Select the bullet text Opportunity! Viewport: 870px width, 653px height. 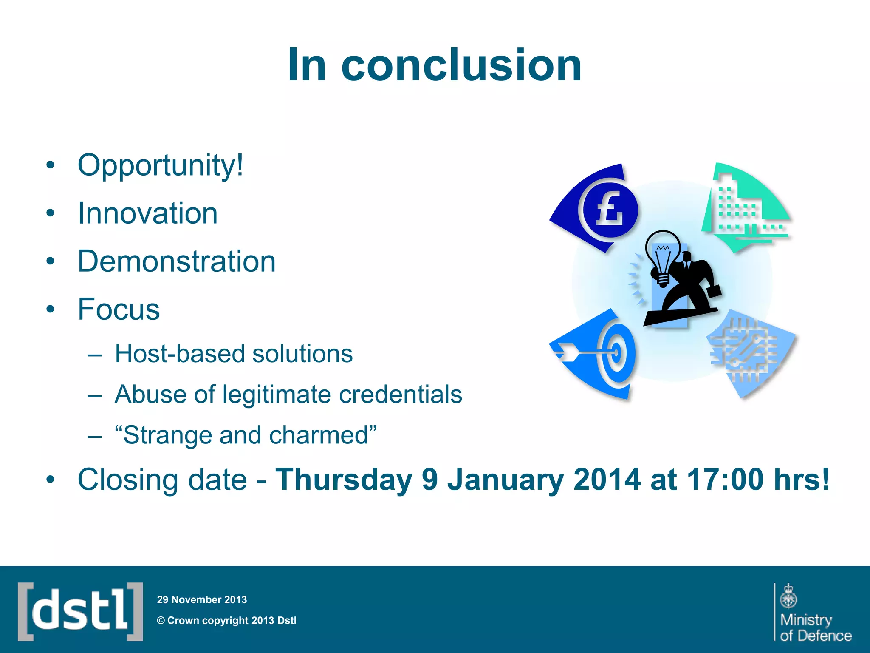pyautogui.click(x=161, y=165)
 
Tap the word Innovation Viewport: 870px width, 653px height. pyautogui.click(x=147, y=213)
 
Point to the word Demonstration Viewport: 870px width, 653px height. pyautogui.click(x=176, y=261)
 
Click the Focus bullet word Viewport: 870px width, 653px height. pyautogui.click(x=119, y=309)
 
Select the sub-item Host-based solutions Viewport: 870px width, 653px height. pyautogui.click(x=233, y=354)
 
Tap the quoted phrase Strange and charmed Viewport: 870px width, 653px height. pyautogui.click(x=246, y=435)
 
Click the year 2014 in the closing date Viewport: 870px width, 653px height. pyautogui.click(x=606, y=480)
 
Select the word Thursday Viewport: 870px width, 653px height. pyautogui.click(x=344, y=480)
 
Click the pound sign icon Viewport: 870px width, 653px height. pyautogui.click(x=610, y=209)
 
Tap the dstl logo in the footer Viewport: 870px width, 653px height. pyautogui.click(x=80, y=611)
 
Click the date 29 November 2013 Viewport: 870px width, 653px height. pyautogui.click(x=202, y=600)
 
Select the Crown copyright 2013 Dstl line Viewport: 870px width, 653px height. pyautogui.click(x=227, y=621)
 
